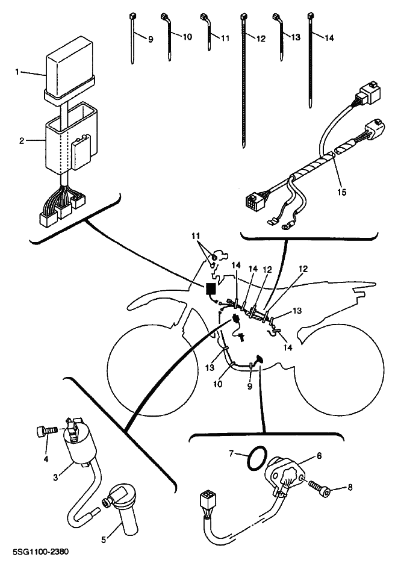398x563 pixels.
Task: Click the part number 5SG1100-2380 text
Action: tap(40, 551)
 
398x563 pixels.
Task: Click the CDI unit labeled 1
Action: tap(70, 68)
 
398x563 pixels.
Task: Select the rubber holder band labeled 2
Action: tap(71, 138)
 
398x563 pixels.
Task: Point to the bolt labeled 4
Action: tap(47, 431)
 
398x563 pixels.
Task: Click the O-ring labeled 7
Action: tap(257, 458)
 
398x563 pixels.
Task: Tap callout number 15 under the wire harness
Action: tap(341, 192)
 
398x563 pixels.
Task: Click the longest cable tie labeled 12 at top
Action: tap(244, 80)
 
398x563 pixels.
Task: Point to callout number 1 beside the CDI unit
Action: tap(17, 72)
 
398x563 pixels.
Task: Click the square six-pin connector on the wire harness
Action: tap(255, 202)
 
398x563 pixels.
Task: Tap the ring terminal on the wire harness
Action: tap(286, 226)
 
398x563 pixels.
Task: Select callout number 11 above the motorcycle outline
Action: tap(196, 236)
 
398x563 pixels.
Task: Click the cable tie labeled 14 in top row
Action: tap(310, 60)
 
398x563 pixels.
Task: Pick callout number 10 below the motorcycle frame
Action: tap(217, 384)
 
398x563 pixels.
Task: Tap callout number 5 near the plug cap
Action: tap(104, 540)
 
